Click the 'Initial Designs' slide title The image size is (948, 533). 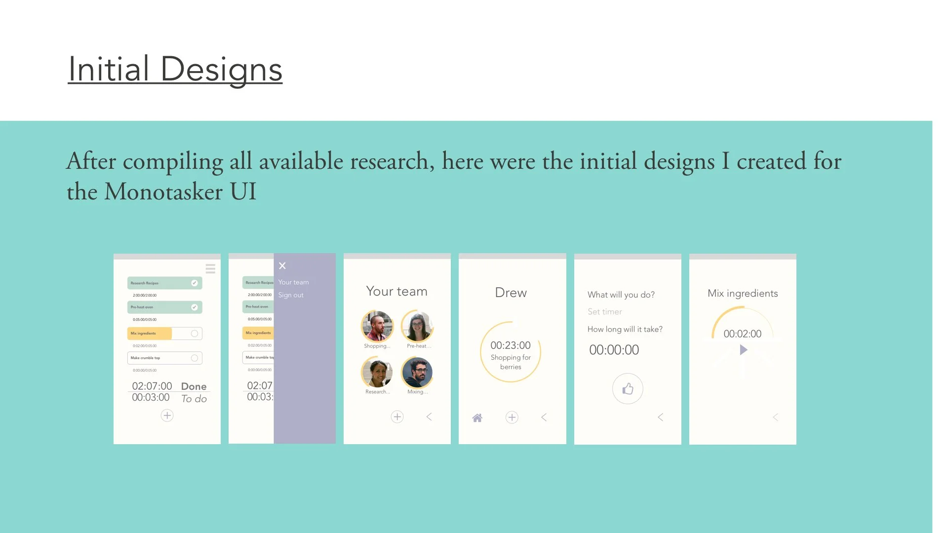(175, 69)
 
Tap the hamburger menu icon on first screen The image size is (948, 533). (210, 268)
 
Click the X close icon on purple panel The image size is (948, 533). (282, 266)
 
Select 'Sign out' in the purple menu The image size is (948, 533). (291, 295)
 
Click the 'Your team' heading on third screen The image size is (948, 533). (396, 291)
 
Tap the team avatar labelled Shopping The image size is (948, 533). (377, 326)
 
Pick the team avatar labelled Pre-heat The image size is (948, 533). (418, 326)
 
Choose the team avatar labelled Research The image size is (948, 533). (377, 372)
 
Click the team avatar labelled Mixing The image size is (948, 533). (417, 372)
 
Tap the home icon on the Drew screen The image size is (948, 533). (477, 418)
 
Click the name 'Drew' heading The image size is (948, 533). (511, 293)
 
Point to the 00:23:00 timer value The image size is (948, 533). (511, 345)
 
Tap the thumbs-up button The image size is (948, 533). (628, 389)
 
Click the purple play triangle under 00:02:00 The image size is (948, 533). (743, 350)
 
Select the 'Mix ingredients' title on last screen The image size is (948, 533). (743, 293)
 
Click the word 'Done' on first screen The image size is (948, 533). (194, 386)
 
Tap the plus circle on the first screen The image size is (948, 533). (167, 416)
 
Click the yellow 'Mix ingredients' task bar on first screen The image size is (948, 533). (150, 334)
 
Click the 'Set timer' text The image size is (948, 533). (605, 312)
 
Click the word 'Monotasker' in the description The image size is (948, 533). (163, 191)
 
